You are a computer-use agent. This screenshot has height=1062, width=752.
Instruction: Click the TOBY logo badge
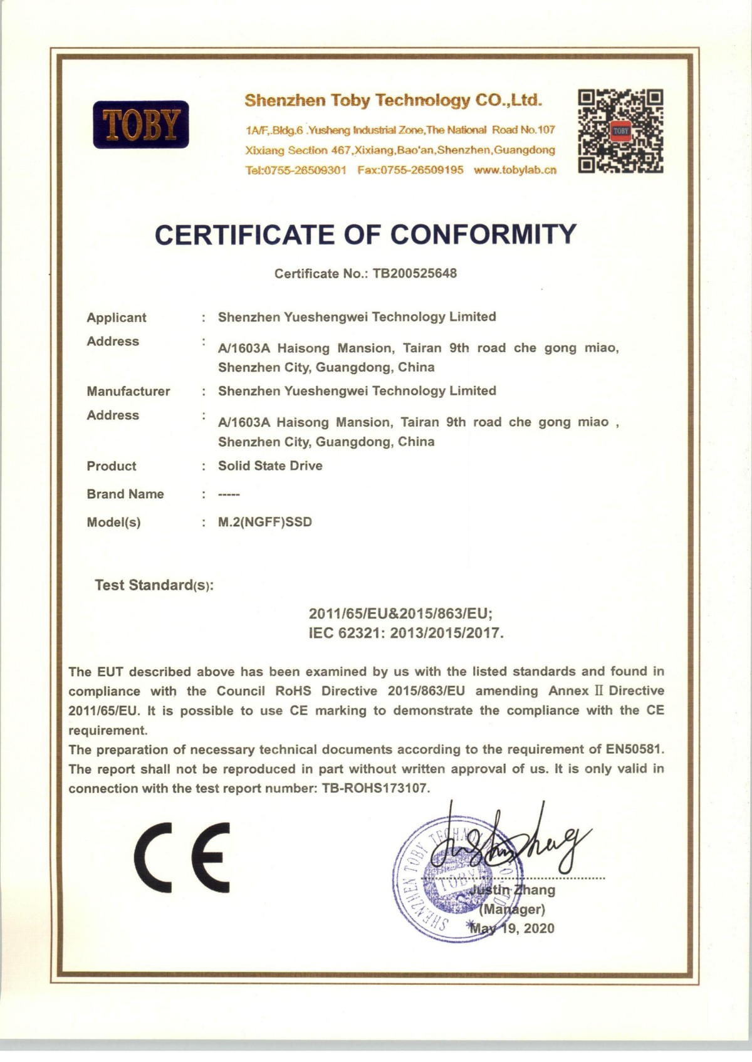(x=141, y=124)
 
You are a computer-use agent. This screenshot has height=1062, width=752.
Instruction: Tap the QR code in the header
(x=620, y=131)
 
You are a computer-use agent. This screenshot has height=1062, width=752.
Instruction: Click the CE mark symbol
(x=182, y=856)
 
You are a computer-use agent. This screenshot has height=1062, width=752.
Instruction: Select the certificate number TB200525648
(x=414, y=273)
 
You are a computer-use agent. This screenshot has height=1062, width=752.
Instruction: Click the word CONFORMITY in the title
(x=483, y=234)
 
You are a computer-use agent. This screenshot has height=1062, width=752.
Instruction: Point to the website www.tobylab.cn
(x=515, y=170)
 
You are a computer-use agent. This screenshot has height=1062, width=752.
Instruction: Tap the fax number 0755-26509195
(x=410, y=170)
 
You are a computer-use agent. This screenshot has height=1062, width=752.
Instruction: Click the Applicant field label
(x=117, y=318)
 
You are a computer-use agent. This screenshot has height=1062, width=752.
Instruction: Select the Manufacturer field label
(x=128, y=392)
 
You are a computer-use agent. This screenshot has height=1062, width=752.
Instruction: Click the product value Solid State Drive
(x=270, y=466)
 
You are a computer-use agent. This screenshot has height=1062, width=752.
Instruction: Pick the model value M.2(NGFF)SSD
(x=264, y=522)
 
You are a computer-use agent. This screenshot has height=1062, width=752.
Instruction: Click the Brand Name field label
(x=125, y=494)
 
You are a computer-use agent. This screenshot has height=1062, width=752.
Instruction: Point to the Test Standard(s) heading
(x=154, y=586)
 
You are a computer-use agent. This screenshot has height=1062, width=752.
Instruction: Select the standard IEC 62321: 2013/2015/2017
(x=406, y=633)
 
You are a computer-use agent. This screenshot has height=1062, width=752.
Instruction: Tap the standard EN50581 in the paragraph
(x=634, y=749)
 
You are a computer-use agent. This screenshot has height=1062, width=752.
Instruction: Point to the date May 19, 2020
(x=512, y=928)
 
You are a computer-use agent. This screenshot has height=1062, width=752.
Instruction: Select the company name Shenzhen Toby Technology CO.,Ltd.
(x=393, y=100)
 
